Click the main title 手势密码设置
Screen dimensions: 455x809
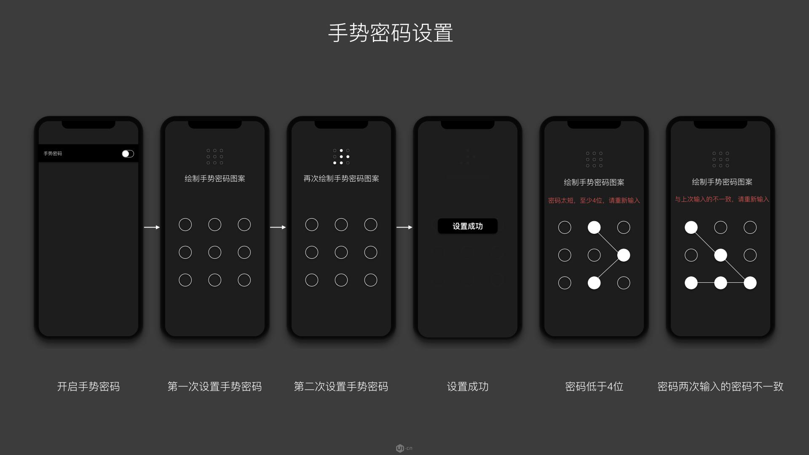point(391,33)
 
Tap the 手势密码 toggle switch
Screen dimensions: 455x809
point(128,154)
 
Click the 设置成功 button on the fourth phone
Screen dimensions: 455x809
point(468,226)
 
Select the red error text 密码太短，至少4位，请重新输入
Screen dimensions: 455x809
point(594,201)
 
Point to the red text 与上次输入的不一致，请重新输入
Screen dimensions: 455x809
point(722,199)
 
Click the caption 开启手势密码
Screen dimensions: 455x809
point(88,386)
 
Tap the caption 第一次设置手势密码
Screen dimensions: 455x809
point(214,386)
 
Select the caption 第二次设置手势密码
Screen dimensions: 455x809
point(341,386)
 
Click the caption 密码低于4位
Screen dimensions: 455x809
point(594,386)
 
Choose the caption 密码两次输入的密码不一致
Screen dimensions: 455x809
point(721,386)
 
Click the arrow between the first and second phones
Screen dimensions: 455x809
point(152,227)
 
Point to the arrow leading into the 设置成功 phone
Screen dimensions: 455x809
point(404,227)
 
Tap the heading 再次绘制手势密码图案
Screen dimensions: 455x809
point(341,179)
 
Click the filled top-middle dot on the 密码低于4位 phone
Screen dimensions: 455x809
point(594,227)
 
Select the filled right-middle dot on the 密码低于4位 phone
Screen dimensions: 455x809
point(624,255)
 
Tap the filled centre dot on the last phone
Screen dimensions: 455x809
point(721,255)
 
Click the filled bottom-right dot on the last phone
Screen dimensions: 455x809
point(750,283)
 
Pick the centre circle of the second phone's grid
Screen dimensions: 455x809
point(214,252)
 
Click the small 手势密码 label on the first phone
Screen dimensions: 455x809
point(53,154)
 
